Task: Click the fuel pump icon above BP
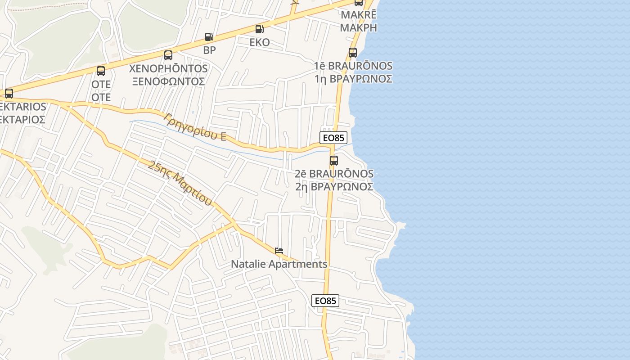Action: (209, 37)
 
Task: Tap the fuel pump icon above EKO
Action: (260, 29)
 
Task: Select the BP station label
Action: (210, 50)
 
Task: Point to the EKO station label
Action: (260, 42)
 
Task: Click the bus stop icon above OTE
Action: (101, 71)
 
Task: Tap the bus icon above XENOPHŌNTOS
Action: (168, 55)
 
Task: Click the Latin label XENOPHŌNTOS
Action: (168, 68)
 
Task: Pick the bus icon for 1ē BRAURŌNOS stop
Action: (353, 53)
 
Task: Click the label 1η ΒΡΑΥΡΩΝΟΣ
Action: (353, 79)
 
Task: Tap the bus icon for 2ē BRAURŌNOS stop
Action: (334, 160)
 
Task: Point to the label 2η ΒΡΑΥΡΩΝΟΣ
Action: (334, 186)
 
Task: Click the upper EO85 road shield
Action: (333, 138)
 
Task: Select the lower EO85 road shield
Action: (325, 301)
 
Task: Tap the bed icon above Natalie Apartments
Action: (279, 251)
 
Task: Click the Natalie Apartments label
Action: (279, 264)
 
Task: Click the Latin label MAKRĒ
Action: (358, 14)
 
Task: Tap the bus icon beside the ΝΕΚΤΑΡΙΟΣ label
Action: (9, 94)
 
